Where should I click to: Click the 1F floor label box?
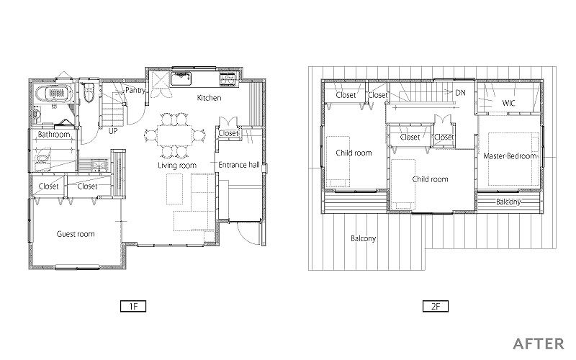click(133, 306)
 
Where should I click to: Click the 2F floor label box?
click(436, 306)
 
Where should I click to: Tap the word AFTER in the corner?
click(539, 344)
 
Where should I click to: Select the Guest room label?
click(76, 234)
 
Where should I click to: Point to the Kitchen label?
click(209, 98)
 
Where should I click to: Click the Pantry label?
click(135, 91)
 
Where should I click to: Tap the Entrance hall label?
click(239, 165)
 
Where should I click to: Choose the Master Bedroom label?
click(510, 156)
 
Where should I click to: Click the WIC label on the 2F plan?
click(508, 103)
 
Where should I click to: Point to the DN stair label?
click(460, 93)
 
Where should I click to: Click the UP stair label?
click(113, 130)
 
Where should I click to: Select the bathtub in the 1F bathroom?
click(56, 94)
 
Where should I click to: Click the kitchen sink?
click(181, 78)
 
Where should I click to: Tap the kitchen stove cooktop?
click(227, 79)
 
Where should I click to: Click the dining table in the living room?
click(174, 135)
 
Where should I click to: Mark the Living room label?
click(177, 166)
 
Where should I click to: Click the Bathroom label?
click(54, 135)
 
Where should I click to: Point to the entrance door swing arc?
click(243, 235)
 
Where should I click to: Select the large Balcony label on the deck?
click(364, 239)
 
